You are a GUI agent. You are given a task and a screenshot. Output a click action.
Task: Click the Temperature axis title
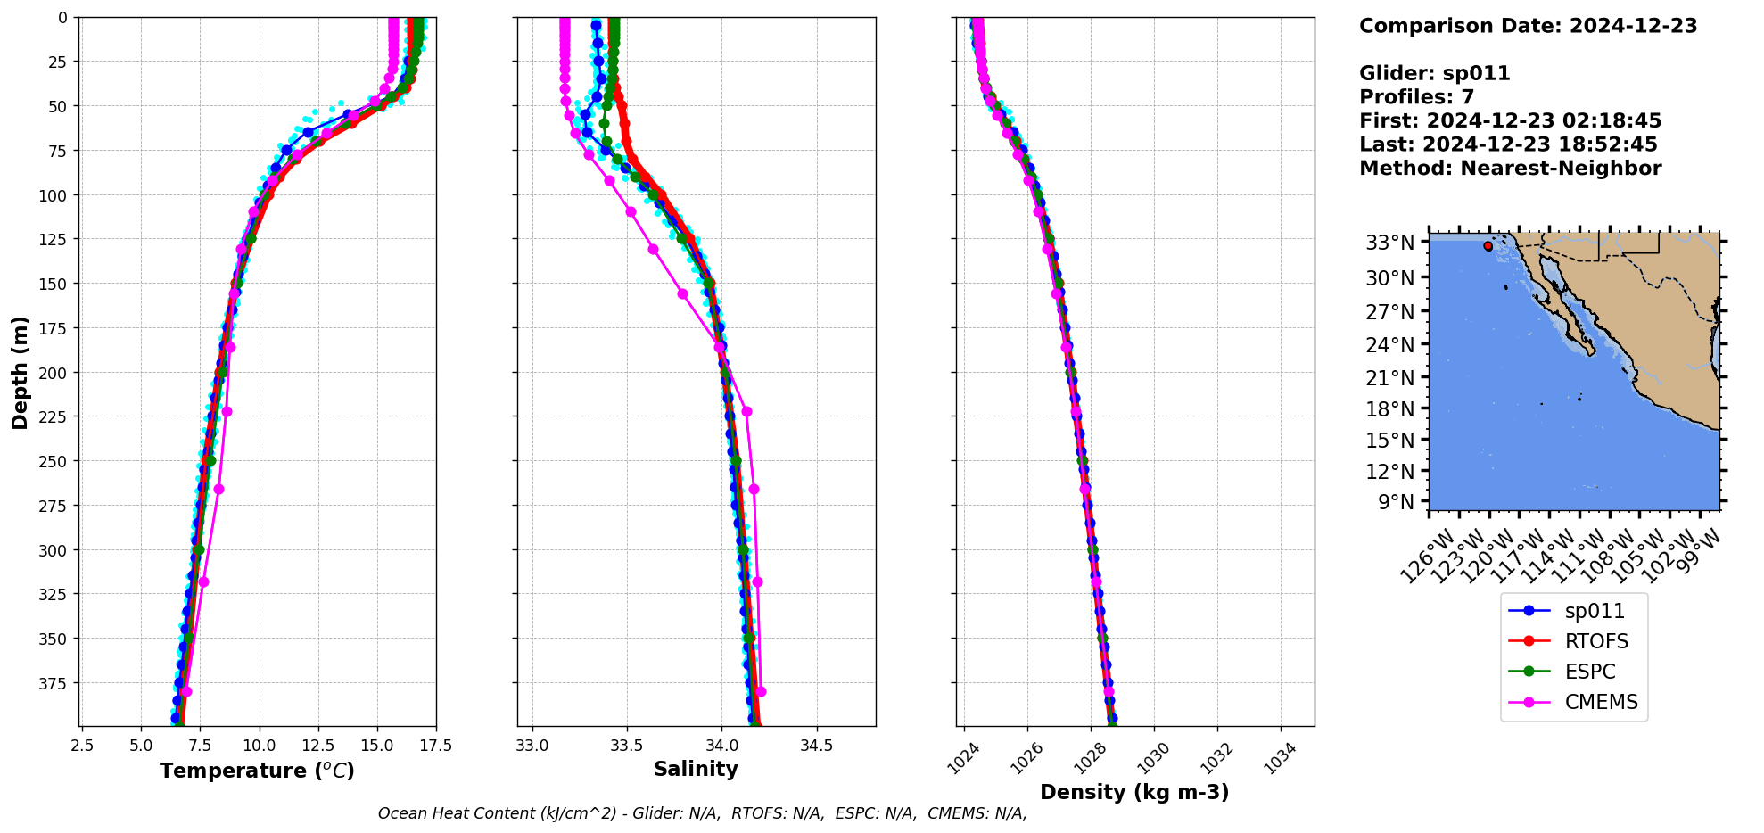[x=257, y=771]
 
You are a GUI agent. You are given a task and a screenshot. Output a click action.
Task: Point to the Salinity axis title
[x=696, y=769]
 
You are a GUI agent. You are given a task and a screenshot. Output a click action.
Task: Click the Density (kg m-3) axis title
[x=1134, y=792]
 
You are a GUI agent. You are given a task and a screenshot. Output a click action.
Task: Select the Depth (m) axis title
[x=20, y=372]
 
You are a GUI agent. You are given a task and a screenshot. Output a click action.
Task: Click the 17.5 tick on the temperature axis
[x=435, y=746]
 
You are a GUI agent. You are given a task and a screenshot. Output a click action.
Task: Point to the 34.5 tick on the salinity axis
[x=816, y=746]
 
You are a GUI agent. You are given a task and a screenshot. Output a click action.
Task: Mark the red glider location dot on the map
[x=1488, y=246]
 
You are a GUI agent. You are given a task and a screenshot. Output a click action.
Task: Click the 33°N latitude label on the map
[x=1389, y=243]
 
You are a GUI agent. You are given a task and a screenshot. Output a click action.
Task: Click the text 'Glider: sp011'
[x=1434, y=73]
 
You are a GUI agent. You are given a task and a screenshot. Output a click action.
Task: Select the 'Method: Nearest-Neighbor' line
[x=1510, y=169]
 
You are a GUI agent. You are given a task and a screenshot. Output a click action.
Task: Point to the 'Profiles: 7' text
[x=1416, y=97]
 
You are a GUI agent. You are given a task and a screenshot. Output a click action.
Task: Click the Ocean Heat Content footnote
[x=702, y=813]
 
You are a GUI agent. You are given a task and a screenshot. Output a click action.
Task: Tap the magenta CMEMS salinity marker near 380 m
[x=761, y=691]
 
